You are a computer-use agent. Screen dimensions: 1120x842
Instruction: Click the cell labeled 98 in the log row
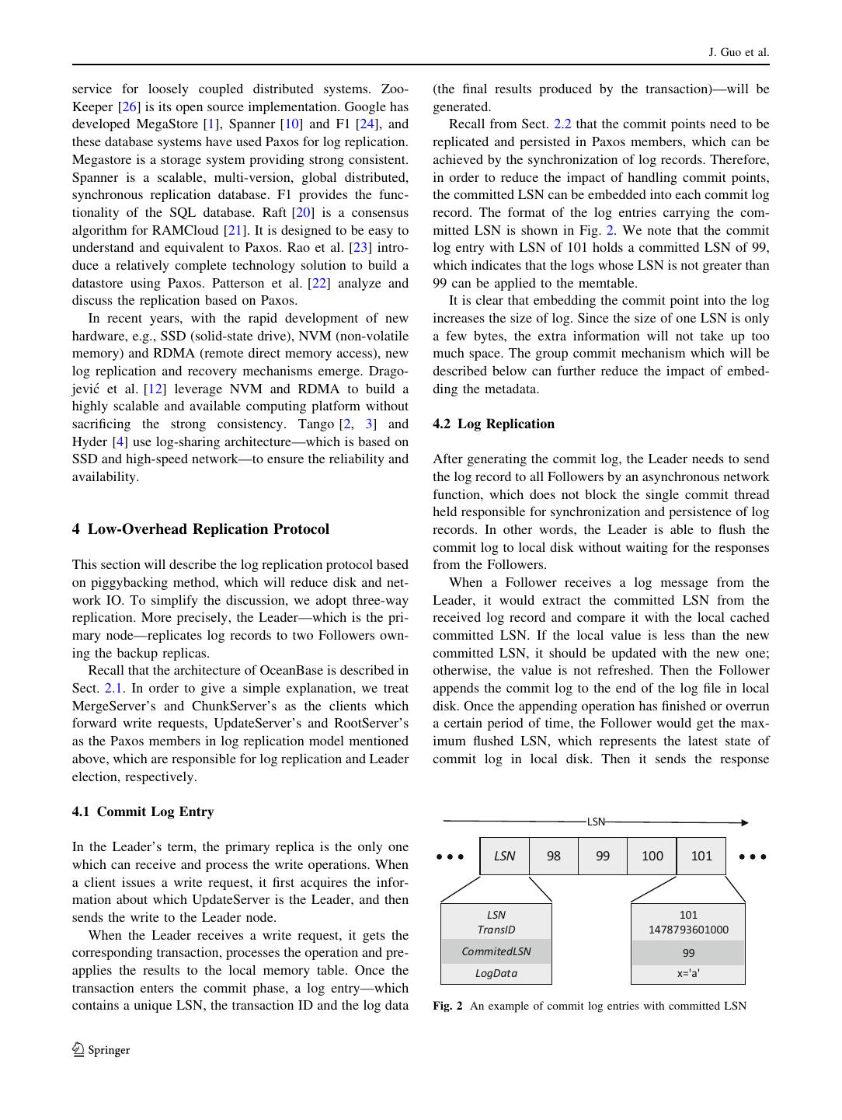pyautogui.click(x=553, y=856)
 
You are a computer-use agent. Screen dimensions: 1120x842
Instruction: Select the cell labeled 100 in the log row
pyautogui.click(x=652, y=856)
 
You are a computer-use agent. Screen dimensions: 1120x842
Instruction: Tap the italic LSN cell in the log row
pyautogui.click(x=504, y=856)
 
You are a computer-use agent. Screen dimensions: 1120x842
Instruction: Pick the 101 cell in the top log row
pyautogui.click(x=701, y=856)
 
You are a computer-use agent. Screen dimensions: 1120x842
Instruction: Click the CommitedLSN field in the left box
pyautogui.click(x=496, y=951)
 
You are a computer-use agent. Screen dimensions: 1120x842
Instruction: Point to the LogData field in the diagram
pyautogui.click(x=496, y=973)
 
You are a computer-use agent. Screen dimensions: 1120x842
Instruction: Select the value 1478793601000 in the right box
pyautogui.click(x=688, y=930)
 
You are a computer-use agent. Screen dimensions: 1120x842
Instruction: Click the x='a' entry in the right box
pyautogui.click(x=688, y=973)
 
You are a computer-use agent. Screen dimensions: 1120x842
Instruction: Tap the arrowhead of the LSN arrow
pyautogui.click(x=744, y=822)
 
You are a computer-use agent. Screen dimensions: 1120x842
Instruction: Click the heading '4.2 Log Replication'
pyautogui.click(x=493, y=424)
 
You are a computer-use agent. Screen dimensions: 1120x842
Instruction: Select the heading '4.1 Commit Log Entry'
pyautogui.click(x=143, y=811)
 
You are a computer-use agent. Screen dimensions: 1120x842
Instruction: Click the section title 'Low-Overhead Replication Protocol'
pyautogui.click(x=208, y=529)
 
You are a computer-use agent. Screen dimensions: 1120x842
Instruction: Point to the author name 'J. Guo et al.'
pyautogui.click(x=738, y=52)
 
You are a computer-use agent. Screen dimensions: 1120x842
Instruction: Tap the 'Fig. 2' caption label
pyautogui.click(x=447, y=1006)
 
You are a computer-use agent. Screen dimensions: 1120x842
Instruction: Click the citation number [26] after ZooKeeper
pyautogui.click(x=129, y=106)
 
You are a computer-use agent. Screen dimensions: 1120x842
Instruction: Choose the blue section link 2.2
pyautogui.click(x=562, y=124)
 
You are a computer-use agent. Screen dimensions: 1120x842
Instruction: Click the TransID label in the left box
pyautogui.click(x=496, y=930)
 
